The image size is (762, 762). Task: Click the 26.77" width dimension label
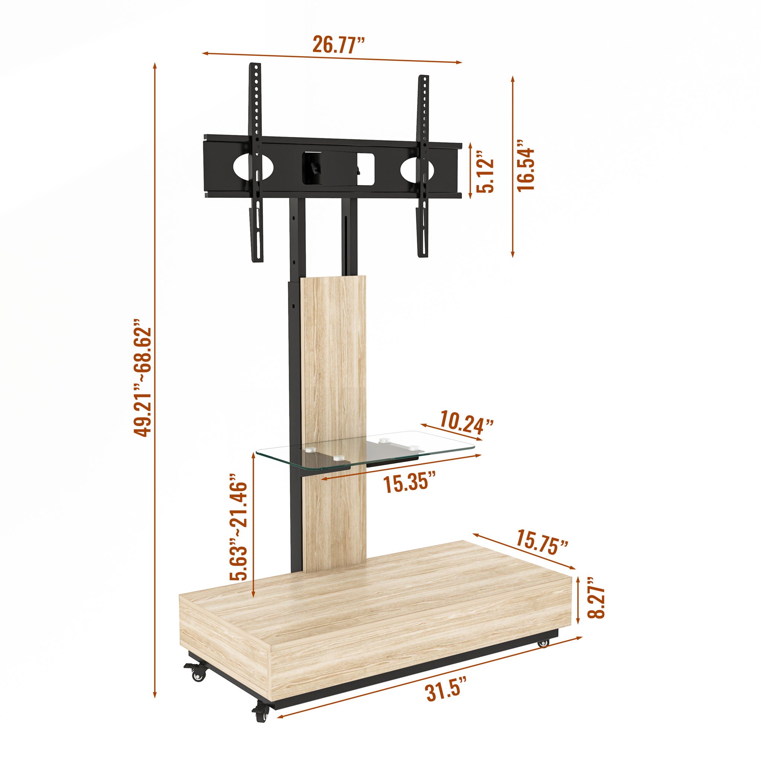tap(339, 44)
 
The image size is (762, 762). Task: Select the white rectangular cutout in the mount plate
tap(366, 168)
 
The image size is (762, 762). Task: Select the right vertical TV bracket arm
tap(423, 166)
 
